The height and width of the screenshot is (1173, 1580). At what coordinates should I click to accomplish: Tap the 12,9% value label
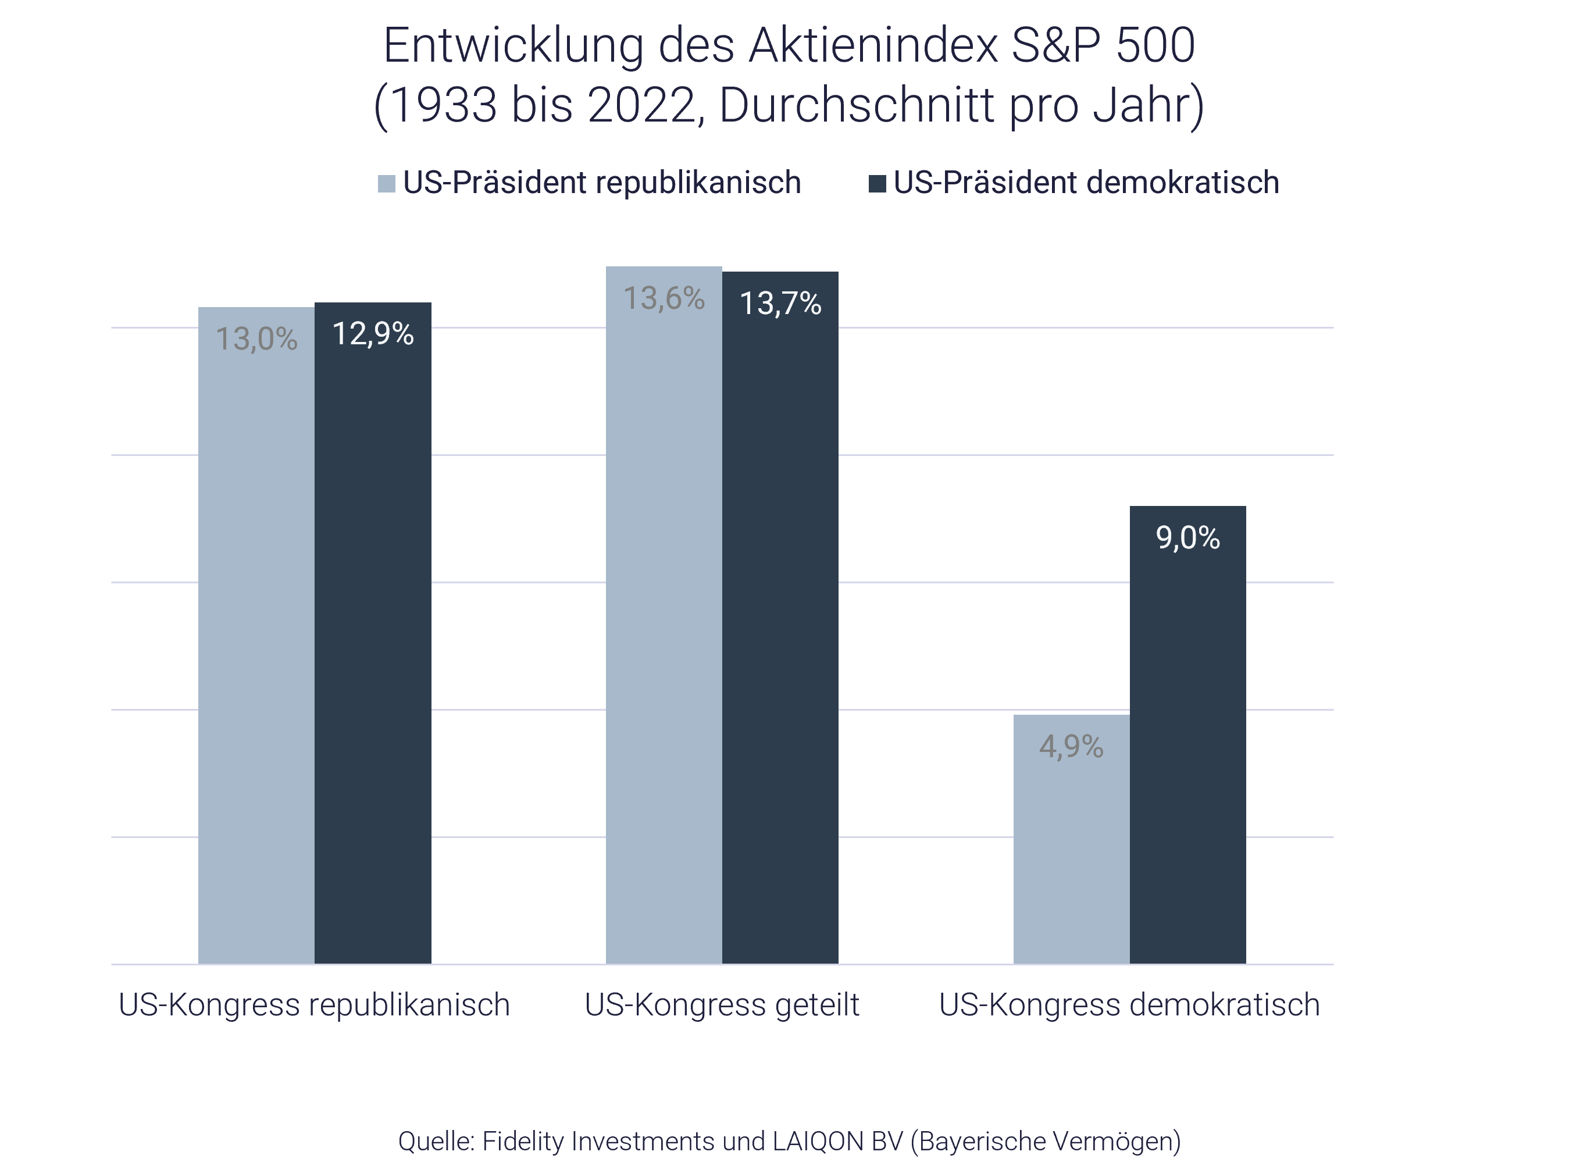tap(373, 334)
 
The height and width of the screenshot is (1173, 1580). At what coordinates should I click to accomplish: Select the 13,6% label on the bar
tap(664, 298)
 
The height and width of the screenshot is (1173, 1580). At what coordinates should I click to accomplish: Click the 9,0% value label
tap(1187, 537)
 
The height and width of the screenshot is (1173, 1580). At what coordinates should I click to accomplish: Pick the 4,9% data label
tap(1071, 746)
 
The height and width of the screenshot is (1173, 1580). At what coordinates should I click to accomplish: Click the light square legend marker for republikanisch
tap(386, 184)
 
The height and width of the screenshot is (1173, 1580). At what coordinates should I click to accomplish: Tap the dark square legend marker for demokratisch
tap(878, 184)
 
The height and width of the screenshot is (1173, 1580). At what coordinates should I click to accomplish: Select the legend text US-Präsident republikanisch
tap(602, 183)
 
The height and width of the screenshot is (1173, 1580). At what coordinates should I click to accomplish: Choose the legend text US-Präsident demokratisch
tap(1086, 183)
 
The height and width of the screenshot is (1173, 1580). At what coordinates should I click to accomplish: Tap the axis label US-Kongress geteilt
tap(722, 1005)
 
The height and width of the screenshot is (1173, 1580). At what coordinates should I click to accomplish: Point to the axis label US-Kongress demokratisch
tap(1129, 1005)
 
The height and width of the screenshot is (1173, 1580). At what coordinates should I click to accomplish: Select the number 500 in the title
tap(1155, 45)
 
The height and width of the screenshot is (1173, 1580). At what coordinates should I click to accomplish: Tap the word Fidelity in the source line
tap(523, 1141)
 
